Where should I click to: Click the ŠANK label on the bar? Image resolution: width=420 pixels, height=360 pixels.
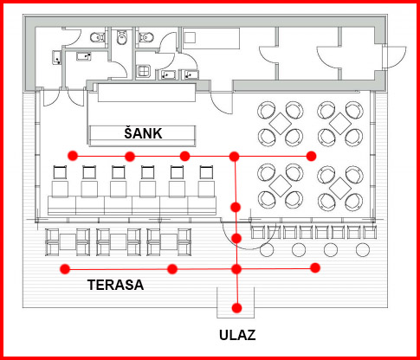click(143, 133)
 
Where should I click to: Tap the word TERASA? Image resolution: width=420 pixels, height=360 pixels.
click(116, 285)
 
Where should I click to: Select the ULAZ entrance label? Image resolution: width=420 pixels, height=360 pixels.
click(237, 335)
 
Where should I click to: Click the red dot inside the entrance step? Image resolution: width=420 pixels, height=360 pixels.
click(236, 308)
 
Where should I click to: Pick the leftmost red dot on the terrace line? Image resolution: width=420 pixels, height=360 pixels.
click(65, 269)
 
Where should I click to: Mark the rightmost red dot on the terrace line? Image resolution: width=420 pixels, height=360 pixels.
click(315, 267)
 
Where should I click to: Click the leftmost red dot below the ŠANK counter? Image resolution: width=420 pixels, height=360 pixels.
click(73, 156)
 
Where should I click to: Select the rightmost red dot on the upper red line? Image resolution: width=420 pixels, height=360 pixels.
click(311, 156)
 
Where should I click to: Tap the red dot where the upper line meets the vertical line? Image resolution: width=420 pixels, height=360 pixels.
click(234, 157)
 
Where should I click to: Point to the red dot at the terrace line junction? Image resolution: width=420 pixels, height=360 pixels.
click(236, 269)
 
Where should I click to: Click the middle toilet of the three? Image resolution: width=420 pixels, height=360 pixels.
click(121, 37)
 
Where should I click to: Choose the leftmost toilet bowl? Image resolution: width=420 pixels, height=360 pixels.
click(98, 37)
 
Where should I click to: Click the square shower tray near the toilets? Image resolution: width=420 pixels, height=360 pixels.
click(144, 71)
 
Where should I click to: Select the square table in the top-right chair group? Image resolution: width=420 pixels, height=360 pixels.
click(340, 124)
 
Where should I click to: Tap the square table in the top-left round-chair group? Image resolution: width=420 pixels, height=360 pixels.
click(281, 124)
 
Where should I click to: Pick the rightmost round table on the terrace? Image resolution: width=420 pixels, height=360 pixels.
click(363, 250)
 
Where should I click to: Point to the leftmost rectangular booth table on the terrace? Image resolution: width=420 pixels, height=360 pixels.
click(68, 242)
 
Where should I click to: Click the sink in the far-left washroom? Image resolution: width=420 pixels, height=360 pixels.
click(57, 57)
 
